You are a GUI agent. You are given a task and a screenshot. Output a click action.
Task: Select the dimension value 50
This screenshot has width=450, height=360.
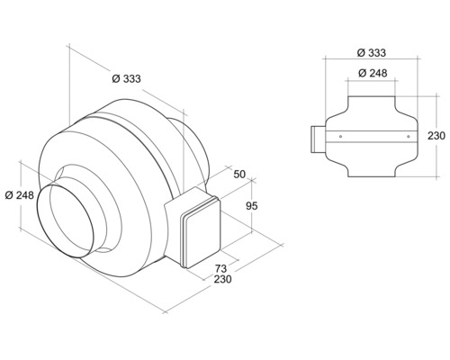238,173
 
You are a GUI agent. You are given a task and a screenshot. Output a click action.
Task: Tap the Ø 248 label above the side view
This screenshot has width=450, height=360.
372,72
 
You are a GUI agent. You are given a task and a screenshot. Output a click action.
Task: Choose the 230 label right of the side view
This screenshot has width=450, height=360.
436,136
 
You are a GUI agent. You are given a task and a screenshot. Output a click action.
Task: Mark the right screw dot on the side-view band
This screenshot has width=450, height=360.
407,137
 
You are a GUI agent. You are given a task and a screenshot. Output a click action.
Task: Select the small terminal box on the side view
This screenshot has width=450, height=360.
316,138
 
